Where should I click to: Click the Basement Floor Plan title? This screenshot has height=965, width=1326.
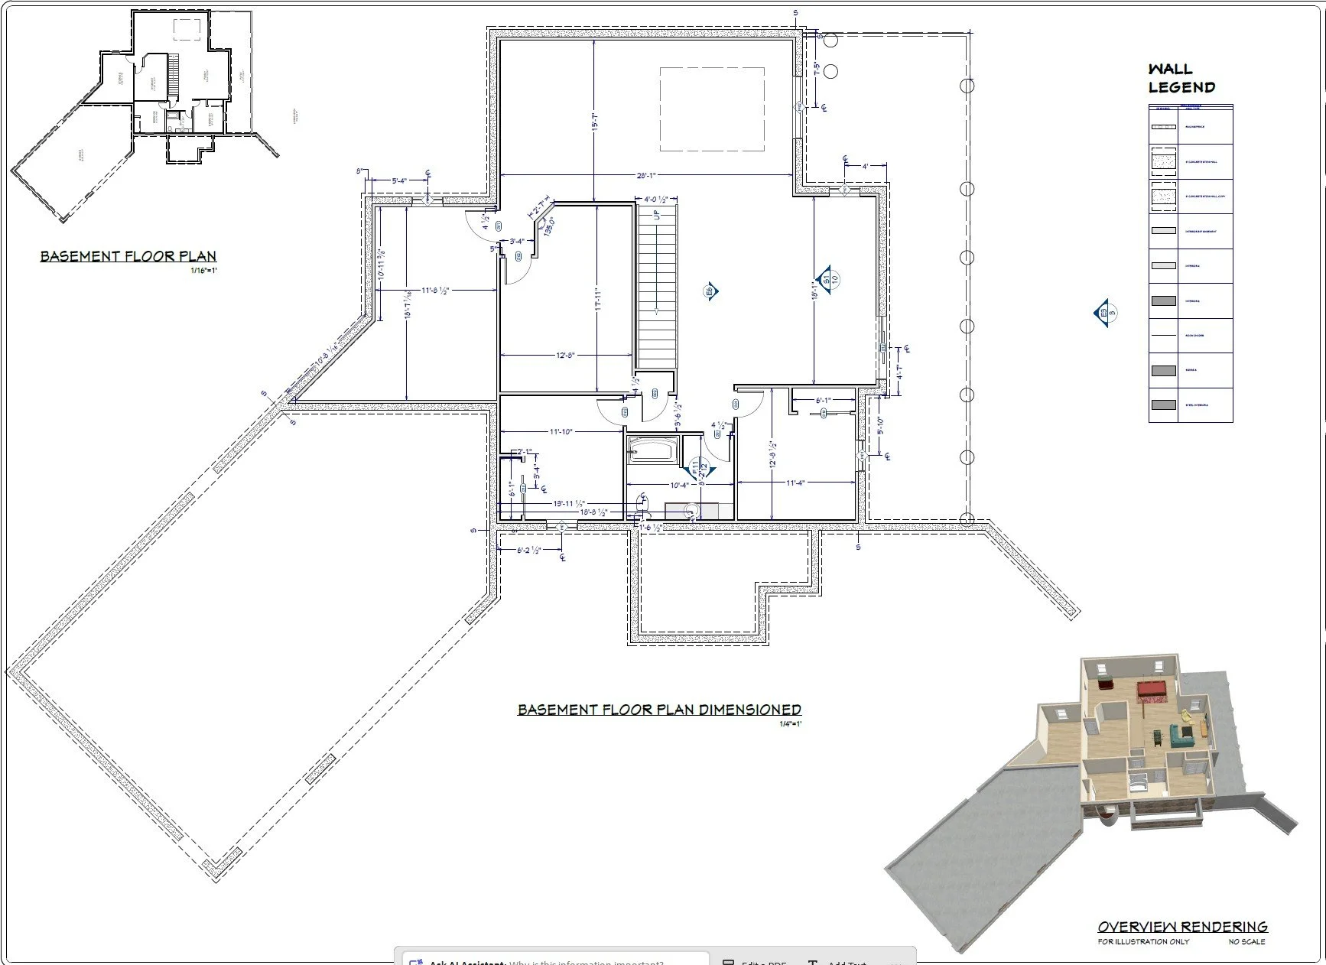[x=128, y=256]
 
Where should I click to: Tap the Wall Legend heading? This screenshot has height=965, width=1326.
[x=1181, y=78]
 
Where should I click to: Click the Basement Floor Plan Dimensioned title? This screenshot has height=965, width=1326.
[x=659, y=710]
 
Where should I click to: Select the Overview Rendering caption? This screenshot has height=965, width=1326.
[x=1182, y=927]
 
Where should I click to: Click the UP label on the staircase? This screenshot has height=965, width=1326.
[x=656, y=215]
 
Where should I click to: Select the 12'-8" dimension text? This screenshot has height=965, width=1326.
[x=565, y=356]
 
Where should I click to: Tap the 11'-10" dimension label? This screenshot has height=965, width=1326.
[x=561, y=432]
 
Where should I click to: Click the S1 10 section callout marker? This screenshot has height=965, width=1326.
[x=826, y=280]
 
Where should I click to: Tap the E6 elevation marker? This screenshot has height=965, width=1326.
[x=710, y=291]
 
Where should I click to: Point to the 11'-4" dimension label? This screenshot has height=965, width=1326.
[x=795, y=482]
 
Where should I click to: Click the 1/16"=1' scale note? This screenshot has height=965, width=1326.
[x=203, y=271]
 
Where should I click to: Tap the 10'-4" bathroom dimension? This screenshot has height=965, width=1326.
[x=679, y=485]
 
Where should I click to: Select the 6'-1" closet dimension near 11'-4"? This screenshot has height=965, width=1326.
[x=823, y=401]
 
